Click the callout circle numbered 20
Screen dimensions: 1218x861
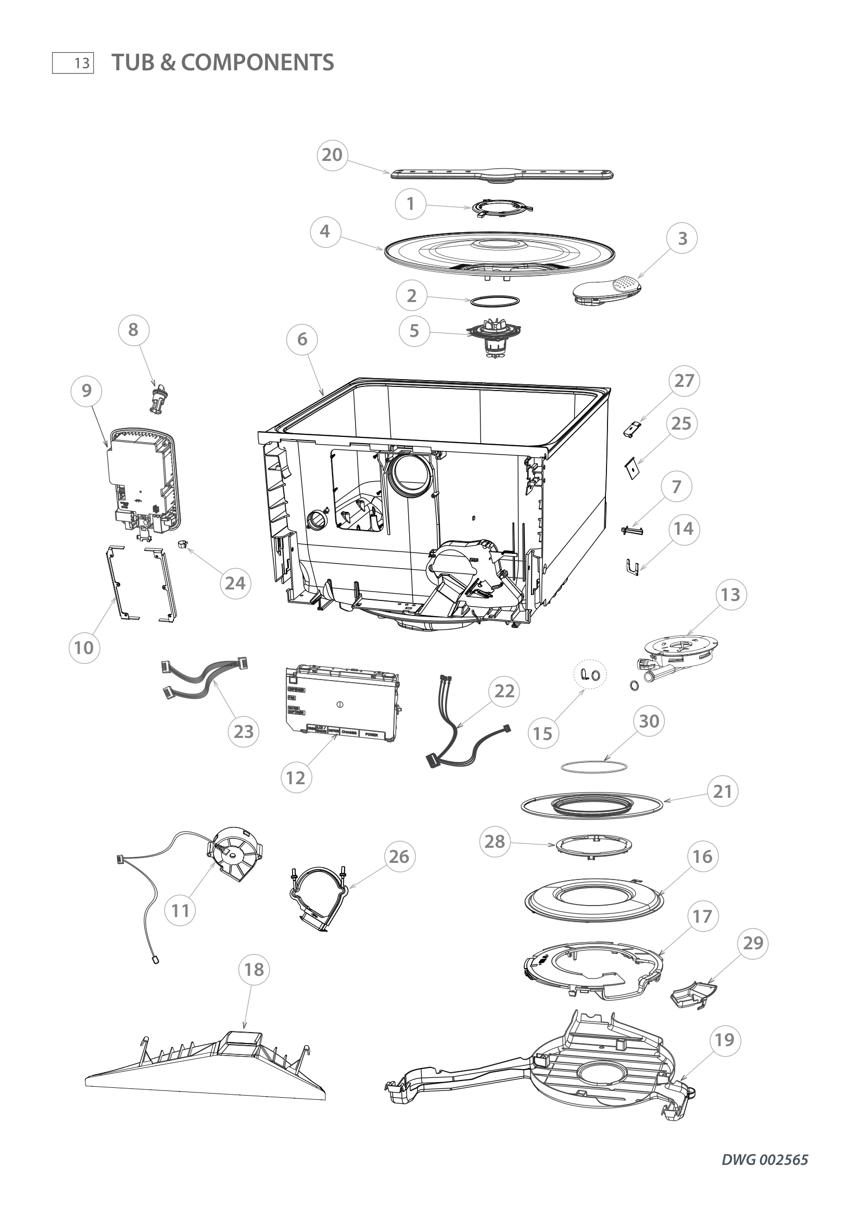[x=333, y=155]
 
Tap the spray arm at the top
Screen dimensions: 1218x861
[x=503, y=175]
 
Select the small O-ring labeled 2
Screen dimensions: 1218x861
[x=493, y=300]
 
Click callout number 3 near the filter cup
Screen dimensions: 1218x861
[x=682, y=238]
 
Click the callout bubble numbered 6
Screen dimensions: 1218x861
[x=302, y=339]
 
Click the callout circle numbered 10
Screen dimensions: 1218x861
[x=84, y=647]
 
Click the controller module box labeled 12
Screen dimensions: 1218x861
[x=342, y=703]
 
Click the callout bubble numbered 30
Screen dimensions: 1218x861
[x=649, y=721]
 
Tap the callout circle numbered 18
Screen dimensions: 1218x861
[x=254, y=970]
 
